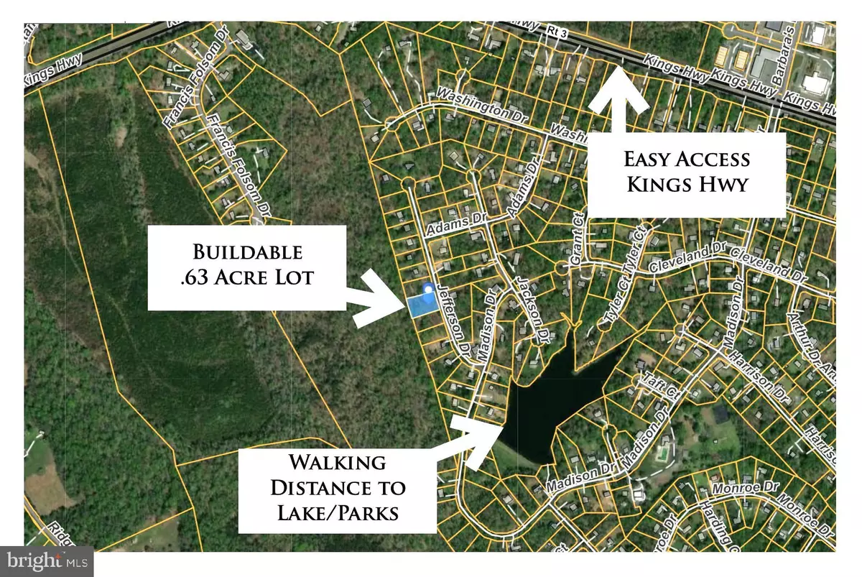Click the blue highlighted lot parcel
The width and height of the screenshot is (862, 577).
pos(422,306)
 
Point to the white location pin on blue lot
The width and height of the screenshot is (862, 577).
pos(429,290)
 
